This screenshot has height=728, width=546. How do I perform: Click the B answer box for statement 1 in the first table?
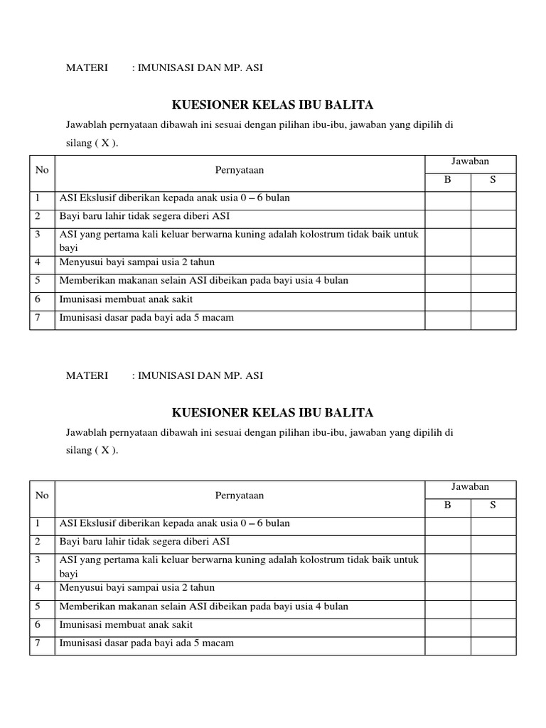[x=448, y=200]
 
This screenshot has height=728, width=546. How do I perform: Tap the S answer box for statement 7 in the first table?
[x=493, y=321]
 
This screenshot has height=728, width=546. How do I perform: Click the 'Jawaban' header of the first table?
[x=470, y=162]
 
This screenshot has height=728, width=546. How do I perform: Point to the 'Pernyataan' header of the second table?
[x=240, y=496]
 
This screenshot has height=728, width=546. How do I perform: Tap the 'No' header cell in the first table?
[x=42, y=171]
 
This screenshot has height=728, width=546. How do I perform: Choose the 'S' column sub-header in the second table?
[x=493, y=505]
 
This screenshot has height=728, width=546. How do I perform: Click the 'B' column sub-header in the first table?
[x=448, y=180]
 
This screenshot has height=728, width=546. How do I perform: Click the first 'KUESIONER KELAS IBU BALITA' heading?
[x=273, y=105]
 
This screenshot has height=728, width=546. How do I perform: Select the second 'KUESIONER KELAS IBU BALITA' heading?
[x=273, y=412]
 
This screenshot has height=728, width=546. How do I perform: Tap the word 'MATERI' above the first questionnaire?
[x=87, y=68]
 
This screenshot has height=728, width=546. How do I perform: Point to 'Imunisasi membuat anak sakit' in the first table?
[x=127, y=299]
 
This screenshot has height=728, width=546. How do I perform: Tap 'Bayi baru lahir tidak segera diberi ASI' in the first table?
[x=145, y=216]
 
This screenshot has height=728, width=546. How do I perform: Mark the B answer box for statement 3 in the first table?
[x=448, y=241]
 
